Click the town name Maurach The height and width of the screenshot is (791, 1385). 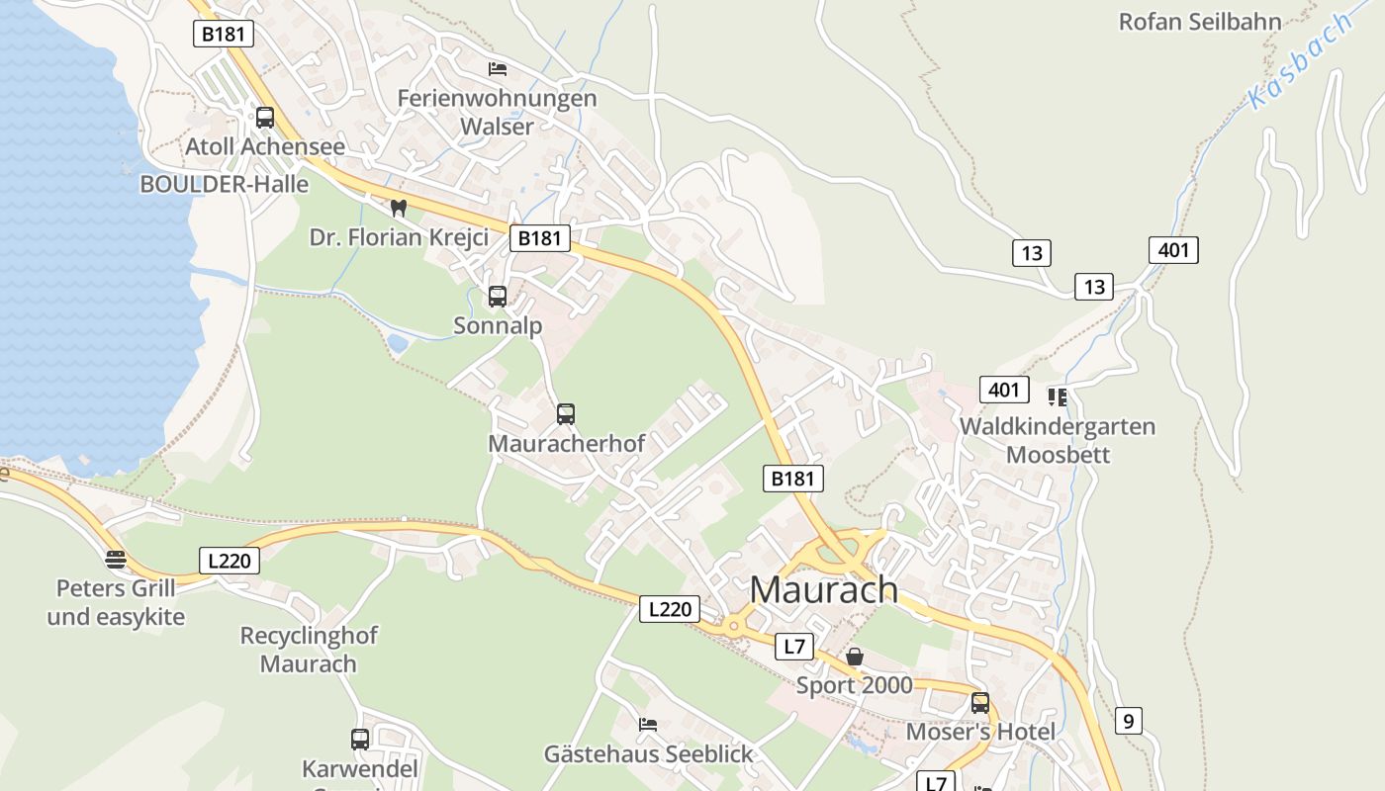(x=824, y=589)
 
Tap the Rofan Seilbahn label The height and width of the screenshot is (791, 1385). (x=1199, y=21)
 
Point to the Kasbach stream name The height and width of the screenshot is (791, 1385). (x=1300, y=61)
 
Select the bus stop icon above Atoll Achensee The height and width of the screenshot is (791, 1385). (x=265, y=118)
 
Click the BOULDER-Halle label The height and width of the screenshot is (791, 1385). (x=224, y=184)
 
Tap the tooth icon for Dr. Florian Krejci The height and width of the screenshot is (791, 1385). (x=399, y=208)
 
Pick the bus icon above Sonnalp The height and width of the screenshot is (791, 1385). (x=498, y=296)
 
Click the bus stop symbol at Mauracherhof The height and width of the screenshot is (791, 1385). (x=566, y=414)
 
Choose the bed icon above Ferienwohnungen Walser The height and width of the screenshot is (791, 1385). (x=498, y=69)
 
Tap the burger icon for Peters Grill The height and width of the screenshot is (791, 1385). (x=116, y=560)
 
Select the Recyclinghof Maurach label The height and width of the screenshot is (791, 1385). (x=309, y=649)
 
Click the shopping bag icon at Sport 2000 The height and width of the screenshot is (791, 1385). (x=855, y=657)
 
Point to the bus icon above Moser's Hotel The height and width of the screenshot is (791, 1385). (x=980, y=703)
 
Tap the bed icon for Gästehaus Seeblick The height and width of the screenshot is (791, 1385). (x=648, y=725)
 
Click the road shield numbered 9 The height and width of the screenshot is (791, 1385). (x=1128, y=721)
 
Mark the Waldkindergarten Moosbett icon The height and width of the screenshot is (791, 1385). (x=1058, y=397)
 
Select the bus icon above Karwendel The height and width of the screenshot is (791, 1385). (x=360, y=739)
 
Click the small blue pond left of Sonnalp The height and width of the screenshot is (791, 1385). (x=397, y=343)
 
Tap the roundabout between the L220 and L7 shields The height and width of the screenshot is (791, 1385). (x=733, y=625)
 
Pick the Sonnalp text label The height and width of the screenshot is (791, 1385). (x=498, y=325)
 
